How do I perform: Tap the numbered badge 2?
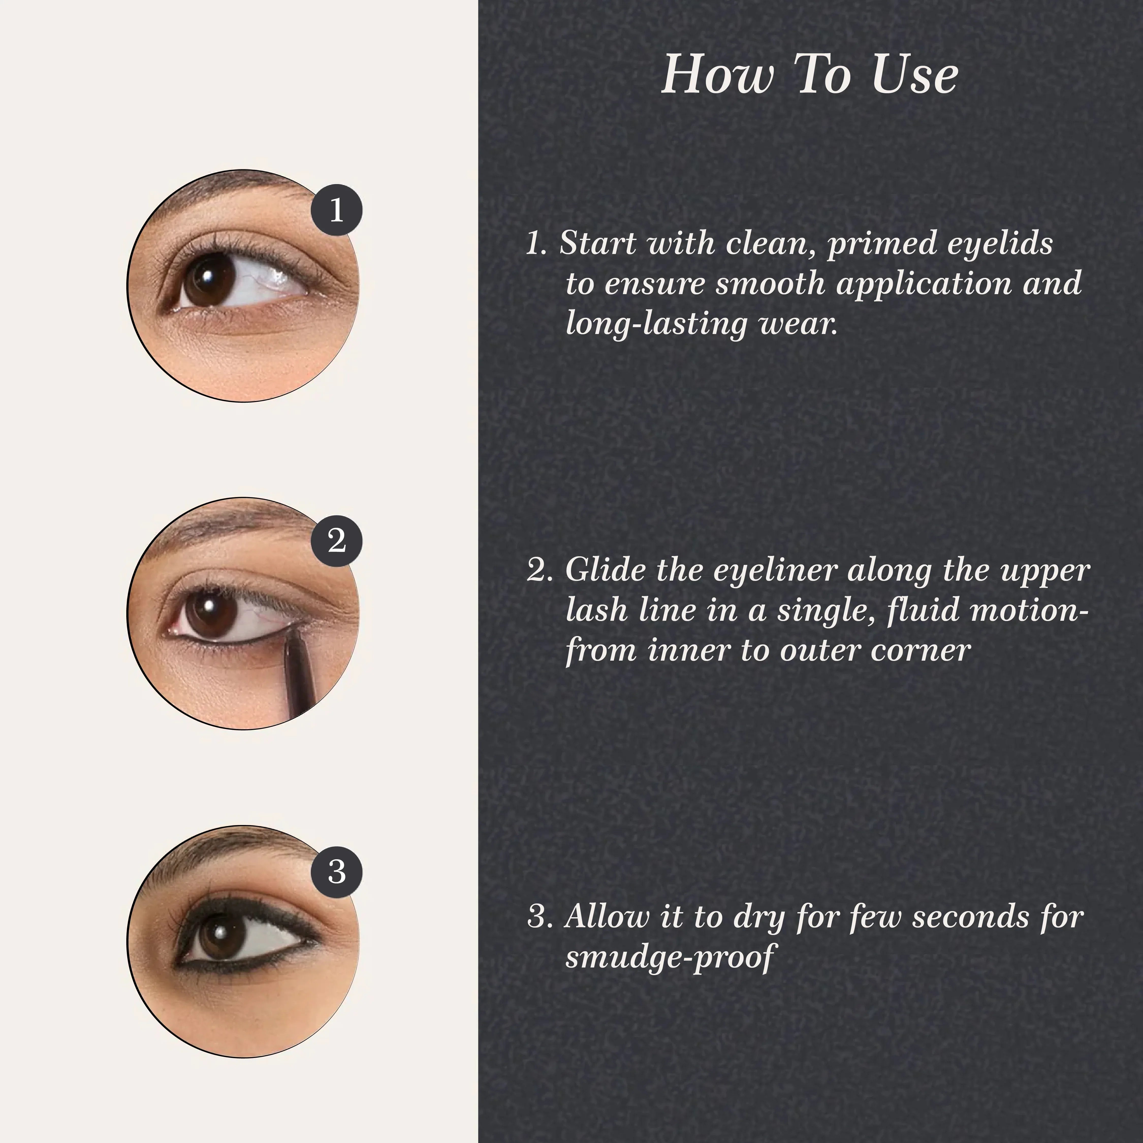[337, 541]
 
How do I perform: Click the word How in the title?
[717, 75]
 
